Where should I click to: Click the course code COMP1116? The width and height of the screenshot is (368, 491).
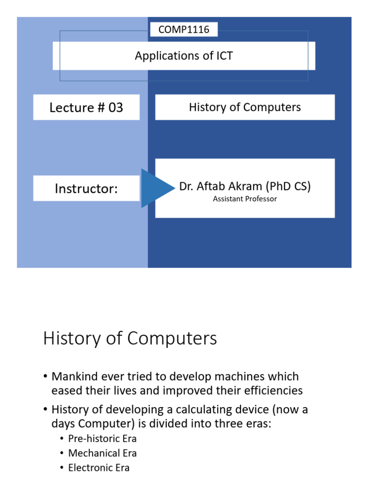[x=184, y=30]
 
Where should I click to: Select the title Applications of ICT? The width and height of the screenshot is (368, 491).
[x=184, y=56]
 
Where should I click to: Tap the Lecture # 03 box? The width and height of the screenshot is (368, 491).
[x=86, y=107]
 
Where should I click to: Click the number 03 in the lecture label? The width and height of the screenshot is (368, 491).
[x=115, y=107]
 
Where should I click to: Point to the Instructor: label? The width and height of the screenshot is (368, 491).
[x=86, y=188]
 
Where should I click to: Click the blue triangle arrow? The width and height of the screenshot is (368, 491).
[x=156, y=188]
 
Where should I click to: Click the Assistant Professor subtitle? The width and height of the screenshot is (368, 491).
[x=245, y=199]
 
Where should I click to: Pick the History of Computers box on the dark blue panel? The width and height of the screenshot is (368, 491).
[x=245, y=107]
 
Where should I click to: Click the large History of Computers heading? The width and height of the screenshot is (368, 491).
[x=130, y=339]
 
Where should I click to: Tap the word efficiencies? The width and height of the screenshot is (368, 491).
[x=274, y=391]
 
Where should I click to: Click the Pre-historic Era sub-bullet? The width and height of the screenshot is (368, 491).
[x=102, y=439]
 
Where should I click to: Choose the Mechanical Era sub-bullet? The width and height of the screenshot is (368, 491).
[x=102, y=453]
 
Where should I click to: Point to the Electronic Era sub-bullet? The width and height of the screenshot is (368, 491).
[x=99, y=468]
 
